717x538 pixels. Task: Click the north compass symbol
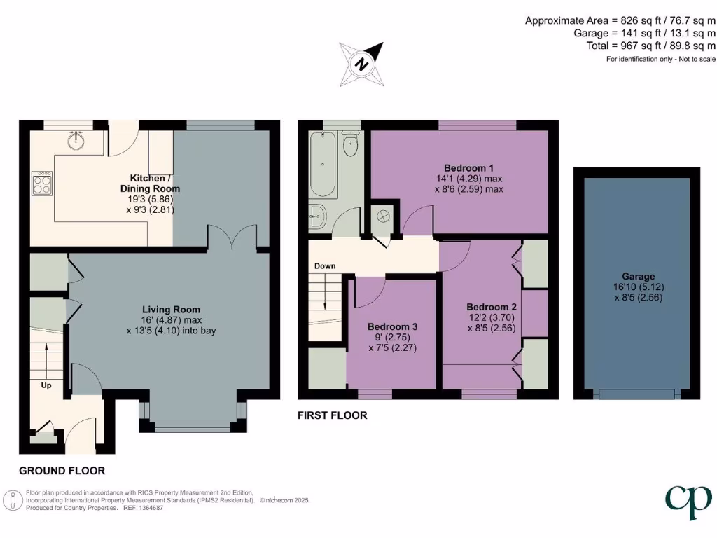(x=361, y=63)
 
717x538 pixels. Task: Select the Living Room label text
(x=172, y=310)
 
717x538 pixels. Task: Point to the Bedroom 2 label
(x=492, y=307)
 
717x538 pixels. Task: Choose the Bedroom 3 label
(x=393, y=326)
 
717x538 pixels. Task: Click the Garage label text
(x=636, y=276)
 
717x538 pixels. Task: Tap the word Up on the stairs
(x=46, y=385)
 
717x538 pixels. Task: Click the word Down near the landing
(x=325, y=266)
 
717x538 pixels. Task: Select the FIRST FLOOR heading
(x=332, y=415)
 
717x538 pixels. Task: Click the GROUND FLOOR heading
(x=62, y=471)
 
